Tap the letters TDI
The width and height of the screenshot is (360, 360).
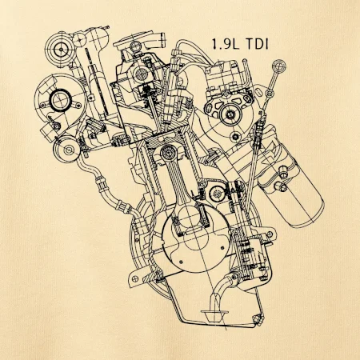pos(257,44)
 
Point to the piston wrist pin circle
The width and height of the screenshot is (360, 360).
pos(168,152)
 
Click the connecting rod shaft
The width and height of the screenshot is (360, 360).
pos(182,186)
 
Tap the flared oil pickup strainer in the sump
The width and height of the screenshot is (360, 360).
pos(214,315)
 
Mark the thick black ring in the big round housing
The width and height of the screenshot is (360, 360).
pos(61,100)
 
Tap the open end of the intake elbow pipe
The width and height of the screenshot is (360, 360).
pos(161,39)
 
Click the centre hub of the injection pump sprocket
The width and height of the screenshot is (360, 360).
pos(230,114)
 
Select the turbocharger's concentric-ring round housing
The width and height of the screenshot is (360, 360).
pos(61,50)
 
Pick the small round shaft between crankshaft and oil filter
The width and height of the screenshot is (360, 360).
pos(216,193)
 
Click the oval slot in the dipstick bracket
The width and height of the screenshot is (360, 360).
pos(258,92)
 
